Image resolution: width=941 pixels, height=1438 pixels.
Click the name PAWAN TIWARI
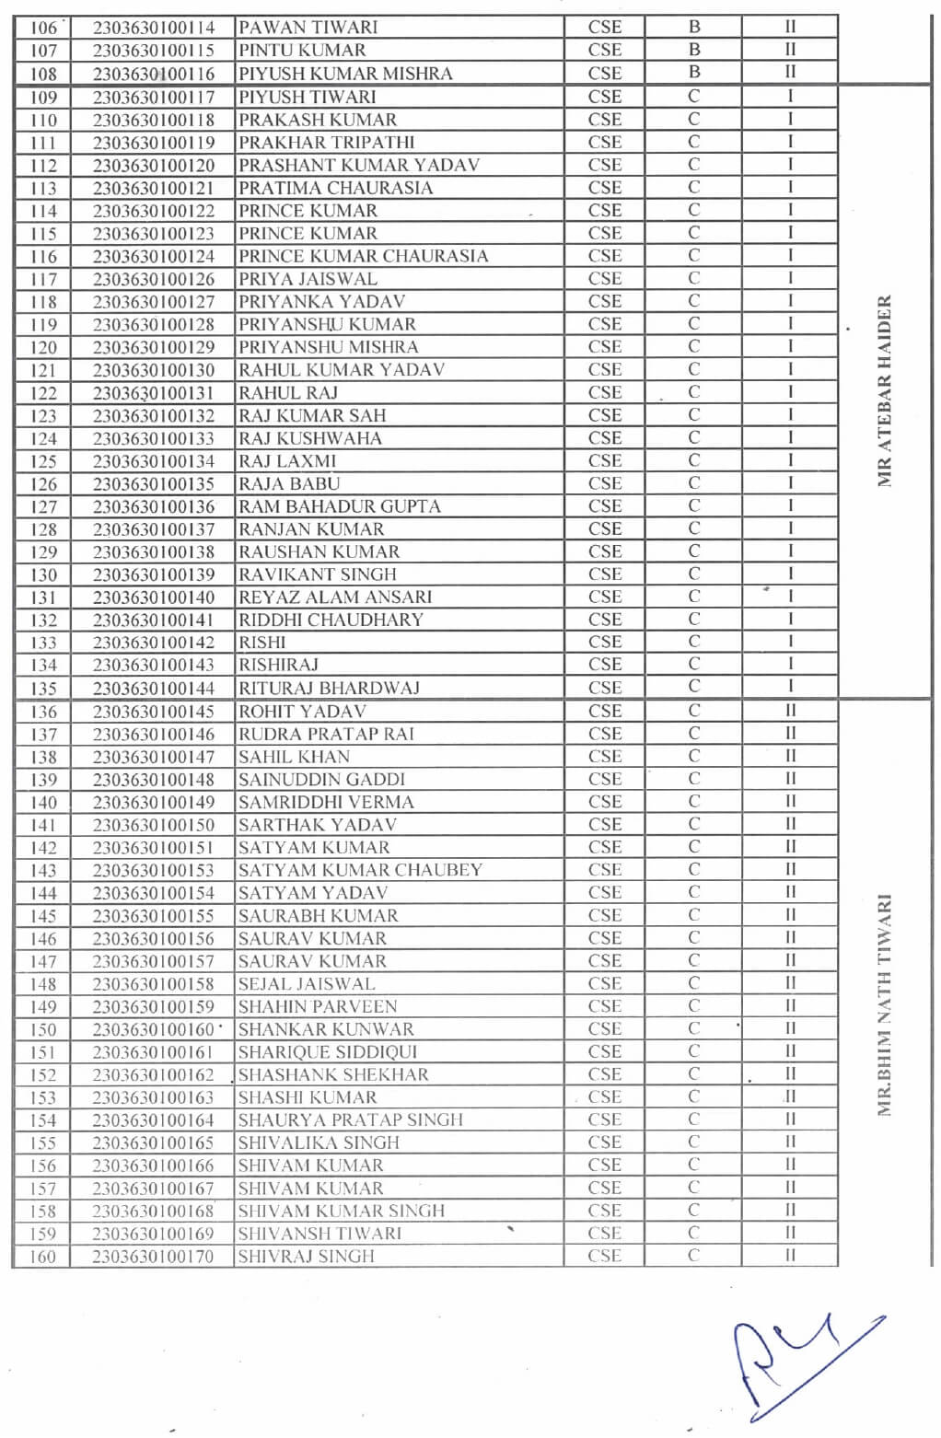coord(308,28)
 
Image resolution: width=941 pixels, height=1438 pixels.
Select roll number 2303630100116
coord(154,74)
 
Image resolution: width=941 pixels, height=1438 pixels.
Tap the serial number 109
coord(43,98)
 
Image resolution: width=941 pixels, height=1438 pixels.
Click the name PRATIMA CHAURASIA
coord(335,188)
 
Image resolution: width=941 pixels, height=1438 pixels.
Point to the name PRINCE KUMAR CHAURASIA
coord(363,256)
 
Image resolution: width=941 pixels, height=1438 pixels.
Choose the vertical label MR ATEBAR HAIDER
coord(885,391)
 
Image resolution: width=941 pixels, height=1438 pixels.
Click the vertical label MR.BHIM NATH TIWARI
coord(885,1005)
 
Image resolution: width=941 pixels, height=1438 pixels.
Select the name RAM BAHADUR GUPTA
coord(339,506)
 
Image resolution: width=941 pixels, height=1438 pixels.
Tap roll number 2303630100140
coord(154,597)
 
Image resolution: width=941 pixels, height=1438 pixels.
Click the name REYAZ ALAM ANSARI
coord(335,597)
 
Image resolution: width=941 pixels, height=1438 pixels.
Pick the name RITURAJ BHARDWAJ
coord(329,688)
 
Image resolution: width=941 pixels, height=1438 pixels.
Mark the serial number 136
coord(43,712)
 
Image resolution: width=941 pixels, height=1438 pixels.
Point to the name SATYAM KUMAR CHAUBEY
coord(360,870)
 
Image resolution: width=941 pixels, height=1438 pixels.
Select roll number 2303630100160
coord(154,1029)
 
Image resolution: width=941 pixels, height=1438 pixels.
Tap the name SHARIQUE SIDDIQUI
coord(327,1051)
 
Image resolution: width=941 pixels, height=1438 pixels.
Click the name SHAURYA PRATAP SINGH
coord(350,1119)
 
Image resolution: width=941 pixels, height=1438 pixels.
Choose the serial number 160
coord(43,1257)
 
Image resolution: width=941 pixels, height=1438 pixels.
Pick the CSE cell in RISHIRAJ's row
coord(604,665)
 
